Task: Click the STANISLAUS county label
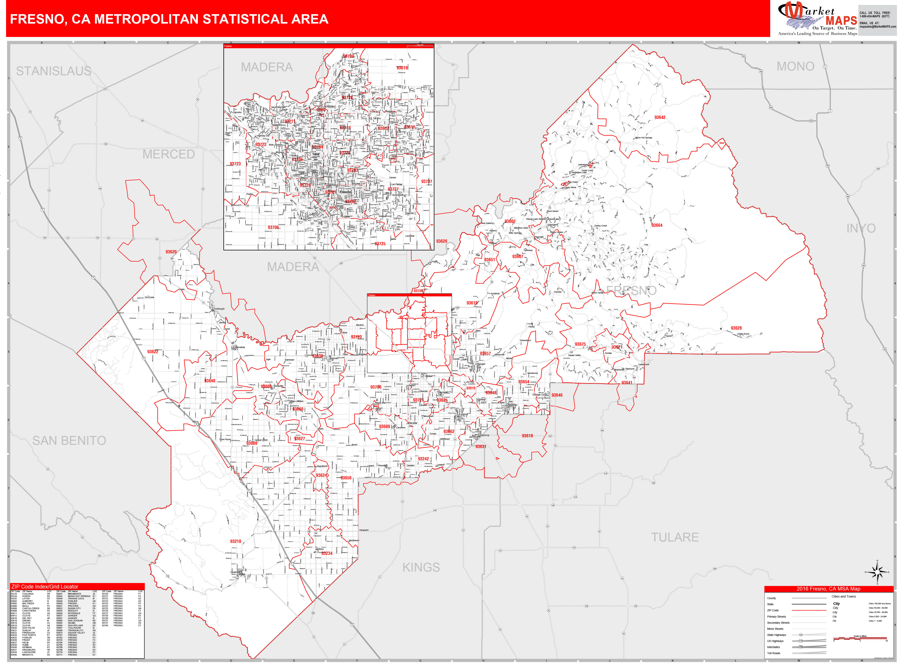(54, 71)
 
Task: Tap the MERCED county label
(169, 154)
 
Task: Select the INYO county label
(861, 228)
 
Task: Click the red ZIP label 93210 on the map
(236, 541)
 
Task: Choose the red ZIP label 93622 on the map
(152, 352)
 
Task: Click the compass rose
(877, 572)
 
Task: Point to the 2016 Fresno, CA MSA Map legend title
(828, 589)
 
